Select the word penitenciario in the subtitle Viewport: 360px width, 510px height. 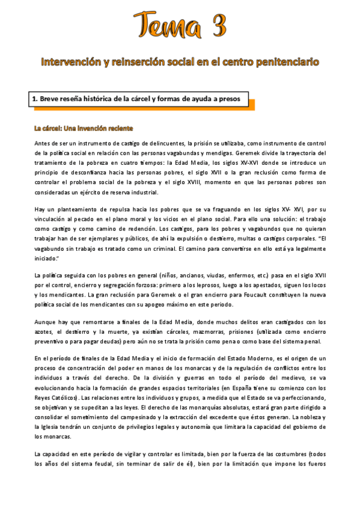coord(286,61)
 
